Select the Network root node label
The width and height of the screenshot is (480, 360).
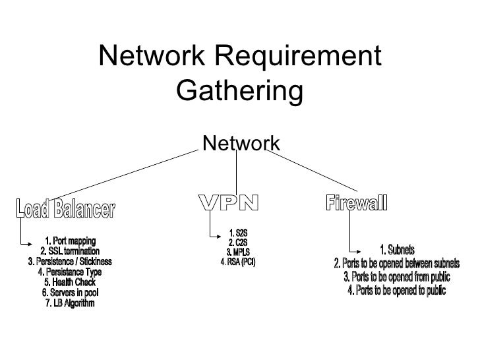[241, 142]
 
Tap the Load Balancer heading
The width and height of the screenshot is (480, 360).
[65, 210]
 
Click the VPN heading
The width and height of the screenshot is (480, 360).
[229, 204]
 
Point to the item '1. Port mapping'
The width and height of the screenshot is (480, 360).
[70, 240]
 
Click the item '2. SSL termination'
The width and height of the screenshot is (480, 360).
[70, 251]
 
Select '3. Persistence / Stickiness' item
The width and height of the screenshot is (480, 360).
[70, 262]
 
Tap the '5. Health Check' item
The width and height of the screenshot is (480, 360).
[70, 283]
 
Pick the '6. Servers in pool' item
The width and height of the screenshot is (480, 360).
[70, 293]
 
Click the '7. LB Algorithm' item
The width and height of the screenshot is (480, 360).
[70, 303]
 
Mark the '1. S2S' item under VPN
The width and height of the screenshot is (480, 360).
[237, 233]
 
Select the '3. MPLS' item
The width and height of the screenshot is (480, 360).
[237, 253]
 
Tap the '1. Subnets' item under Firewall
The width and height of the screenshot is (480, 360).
[397, 249]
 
